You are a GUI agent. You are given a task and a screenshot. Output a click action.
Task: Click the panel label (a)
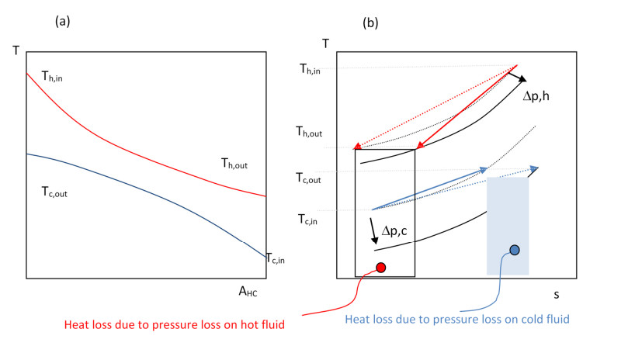[x=62, y=22]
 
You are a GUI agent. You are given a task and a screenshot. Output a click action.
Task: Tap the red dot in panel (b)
[x=381, y=268]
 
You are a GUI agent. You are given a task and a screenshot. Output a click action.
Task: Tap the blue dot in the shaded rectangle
[x=514, y=250]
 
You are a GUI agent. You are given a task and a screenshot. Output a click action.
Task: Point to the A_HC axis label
[x=248, y=292]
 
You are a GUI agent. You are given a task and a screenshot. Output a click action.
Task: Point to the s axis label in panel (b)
[x=556, y=294]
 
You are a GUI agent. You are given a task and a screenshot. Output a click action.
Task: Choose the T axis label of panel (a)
[x=16, y=51]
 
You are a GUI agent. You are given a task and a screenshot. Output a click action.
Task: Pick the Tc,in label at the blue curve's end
[x=279, y=258]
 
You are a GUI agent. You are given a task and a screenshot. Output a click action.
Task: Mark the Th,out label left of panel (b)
[x=310, y=133]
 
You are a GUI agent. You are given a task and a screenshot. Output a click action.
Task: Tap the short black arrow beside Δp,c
[x=374, y=231]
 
